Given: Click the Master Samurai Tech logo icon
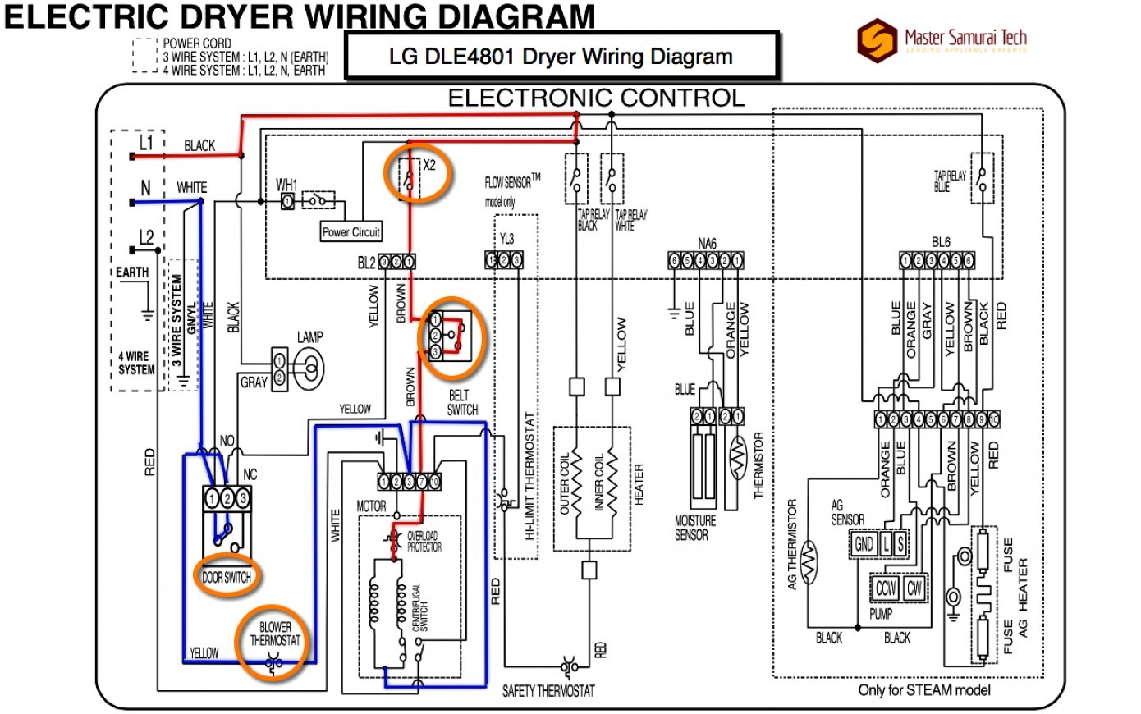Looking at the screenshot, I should point(877,39).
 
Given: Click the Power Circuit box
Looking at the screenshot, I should point(351,232).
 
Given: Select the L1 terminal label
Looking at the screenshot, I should point(145,143).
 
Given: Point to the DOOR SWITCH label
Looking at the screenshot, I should point(227,578).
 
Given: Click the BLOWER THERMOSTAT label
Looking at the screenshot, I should point(275,634).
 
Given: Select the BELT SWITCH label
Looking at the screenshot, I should point(462,402).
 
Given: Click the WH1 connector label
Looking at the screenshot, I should point(286,184).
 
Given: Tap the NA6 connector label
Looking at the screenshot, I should point(707,244).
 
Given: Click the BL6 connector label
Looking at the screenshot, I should point(941,244).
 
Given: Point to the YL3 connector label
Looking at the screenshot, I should point(506,239).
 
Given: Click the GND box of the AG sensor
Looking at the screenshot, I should point(864,544).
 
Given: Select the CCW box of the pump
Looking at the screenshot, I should point(885,588).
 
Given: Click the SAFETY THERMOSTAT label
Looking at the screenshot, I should point(548,691).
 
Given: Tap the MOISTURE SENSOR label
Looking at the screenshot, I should point(695,528).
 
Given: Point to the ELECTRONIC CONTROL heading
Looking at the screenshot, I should point(596,98).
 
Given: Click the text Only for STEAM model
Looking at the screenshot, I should point(924,690).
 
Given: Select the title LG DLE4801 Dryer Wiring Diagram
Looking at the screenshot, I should point(561,57).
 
